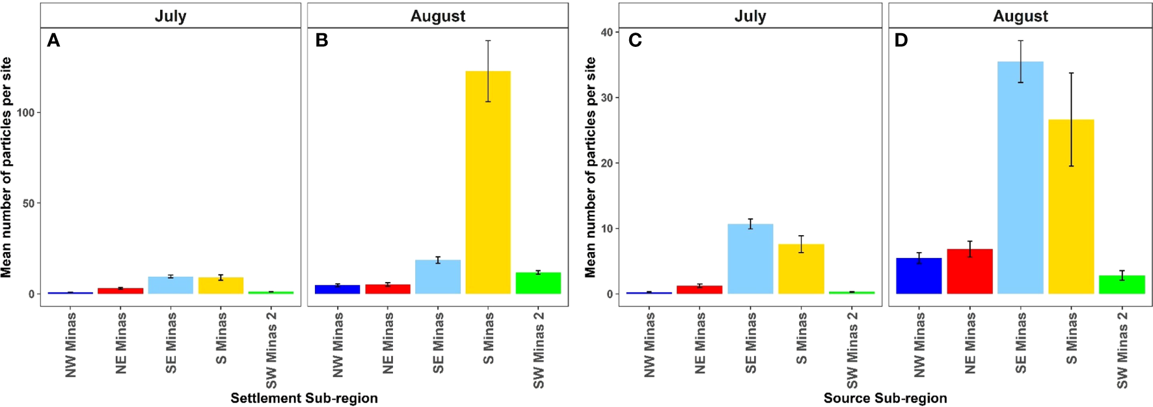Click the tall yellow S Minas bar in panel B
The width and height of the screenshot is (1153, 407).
488,182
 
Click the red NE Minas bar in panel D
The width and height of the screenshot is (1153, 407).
970,272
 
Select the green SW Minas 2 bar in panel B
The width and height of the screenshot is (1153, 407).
538,283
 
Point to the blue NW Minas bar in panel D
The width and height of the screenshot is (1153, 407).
919,276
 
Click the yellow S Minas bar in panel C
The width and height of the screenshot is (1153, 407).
801,269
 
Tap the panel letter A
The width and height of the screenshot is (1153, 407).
53,41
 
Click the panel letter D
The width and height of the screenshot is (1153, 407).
901,41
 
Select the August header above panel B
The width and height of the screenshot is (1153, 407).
438,16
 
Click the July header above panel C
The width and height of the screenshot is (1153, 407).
750,16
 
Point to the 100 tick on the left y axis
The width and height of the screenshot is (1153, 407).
26,113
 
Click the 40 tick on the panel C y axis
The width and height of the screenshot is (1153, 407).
606,33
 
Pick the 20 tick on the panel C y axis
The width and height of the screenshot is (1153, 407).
606,163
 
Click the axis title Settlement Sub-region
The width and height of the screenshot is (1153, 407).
304,398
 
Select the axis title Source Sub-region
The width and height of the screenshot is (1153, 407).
885,398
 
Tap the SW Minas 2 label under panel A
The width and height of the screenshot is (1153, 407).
271,350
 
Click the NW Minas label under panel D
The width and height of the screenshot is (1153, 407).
919,344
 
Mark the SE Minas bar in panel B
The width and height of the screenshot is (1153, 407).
438,277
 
